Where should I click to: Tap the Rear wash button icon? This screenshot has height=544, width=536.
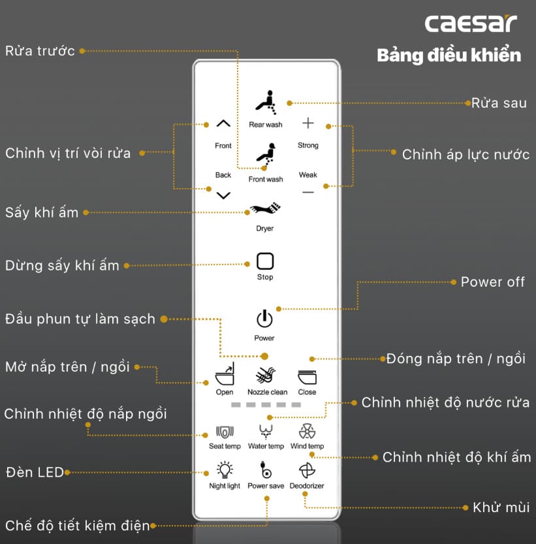[265, 101]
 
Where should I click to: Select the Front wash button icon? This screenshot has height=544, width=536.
[265, 155]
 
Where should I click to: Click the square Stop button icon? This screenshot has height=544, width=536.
[264, 261]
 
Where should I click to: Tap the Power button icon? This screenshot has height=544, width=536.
[264, 319]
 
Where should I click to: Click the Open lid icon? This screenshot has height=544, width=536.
[225, 377]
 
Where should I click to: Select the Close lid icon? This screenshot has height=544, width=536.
[307, 377]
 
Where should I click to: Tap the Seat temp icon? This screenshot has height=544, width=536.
[225, 432]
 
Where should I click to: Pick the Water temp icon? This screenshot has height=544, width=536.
[266, 432]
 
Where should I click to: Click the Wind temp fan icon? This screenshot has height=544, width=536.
[307, 432]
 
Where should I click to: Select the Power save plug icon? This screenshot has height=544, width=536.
[266, 471]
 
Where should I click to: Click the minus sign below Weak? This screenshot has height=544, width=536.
[308, 192]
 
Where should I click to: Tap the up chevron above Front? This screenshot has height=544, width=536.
[223, 123]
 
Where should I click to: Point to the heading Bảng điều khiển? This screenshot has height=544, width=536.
[449, 55]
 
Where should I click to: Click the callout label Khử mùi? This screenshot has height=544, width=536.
[501, 507]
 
